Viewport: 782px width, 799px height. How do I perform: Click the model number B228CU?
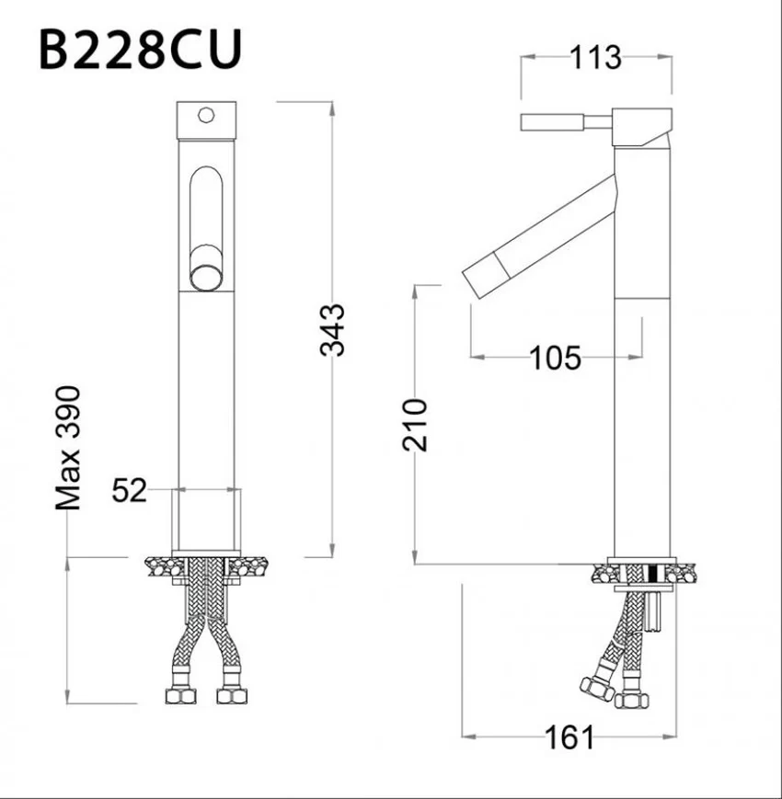tap(140, 50)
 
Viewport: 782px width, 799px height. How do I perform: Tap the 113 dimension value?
tap(595, 58)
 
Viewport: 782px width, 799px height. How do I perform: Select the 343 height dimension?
tap(332, 330)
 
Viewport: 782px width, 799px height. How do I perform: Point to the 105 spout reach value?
tap(556, 358)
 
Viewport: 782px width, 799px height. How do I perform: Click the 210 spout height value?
tap(414, 425)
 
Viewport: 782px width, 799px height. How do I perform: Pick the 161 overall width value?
tap(569, 736)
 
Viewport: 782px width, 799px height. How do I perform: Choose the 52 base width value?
tap(130, 490)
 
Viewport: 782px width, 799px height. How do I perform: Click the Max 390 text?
tap(68, 448)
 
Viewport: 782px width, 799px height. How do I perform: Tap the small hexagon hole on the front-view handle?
tap(206, 115)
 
